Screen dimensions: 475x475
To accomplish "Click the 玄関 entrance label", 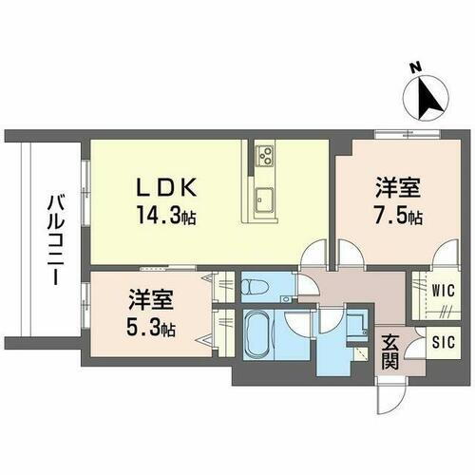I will (390, 352).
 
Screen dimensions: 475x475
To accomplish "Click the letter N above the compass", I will (415, 68).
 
